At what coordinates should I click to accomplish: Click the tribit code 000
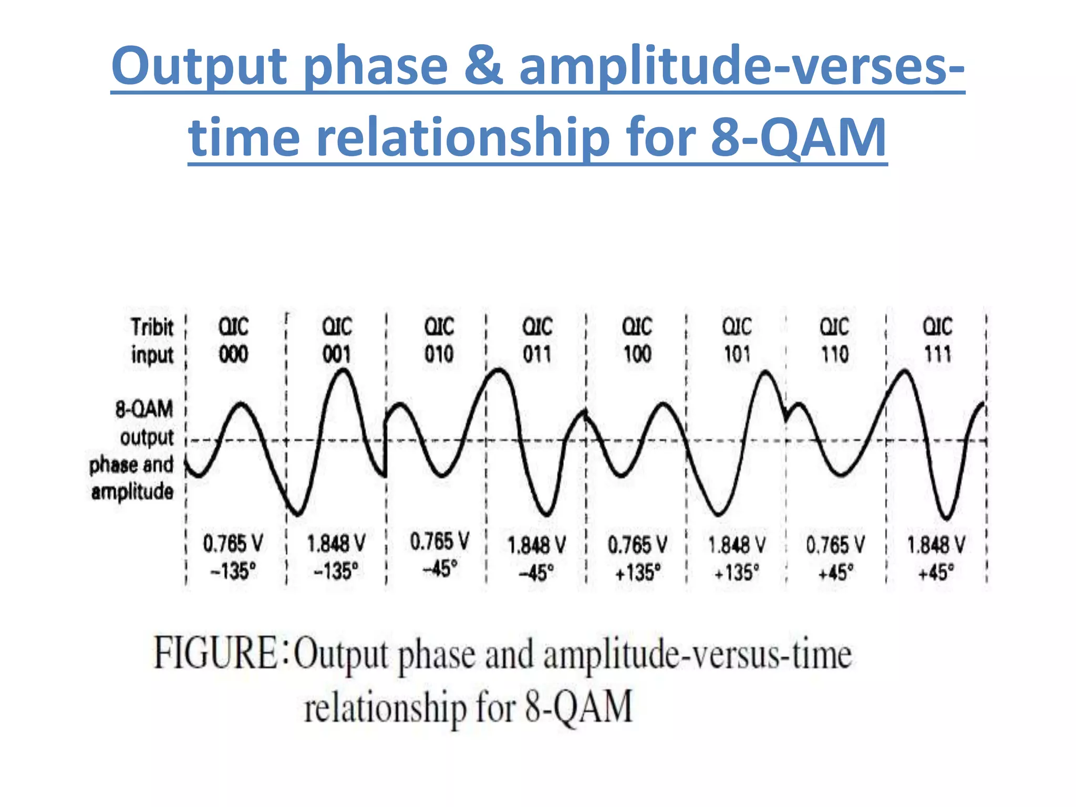pos(233,355)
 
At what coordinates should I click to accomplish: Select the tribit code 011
pos(537,355)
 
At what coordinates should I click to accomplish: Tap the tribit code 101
pos(737,355)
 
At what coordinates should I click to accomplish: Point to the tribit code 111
pos(938,355)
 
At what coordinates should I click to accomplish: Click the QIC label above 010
pos(439,327)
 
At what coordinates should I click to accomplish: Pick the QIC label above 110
pos(834,327)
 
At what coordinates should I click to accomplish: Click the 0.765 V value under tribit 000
pos(233,544)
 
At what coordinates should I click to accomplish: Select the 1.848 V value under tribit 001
pos(336,544)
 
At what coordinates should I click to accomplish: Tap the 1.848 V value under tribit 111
pos(936,545)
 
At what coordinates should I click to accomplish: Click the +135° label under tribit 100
pos(638,572)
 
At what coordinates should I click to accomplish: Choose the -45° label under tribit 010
pos(439,568)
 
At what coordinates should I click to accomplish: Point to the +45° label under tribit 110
pos(835,572)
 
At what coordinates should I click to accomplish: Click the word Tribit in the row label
pos(152,327)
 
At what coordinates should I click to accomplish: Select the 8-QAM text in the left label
pos(144,409)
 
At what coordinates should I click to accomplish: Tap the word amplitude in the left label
pos(132,492)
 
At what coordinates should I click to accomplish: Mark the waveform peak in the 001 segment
pos(343,370)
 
